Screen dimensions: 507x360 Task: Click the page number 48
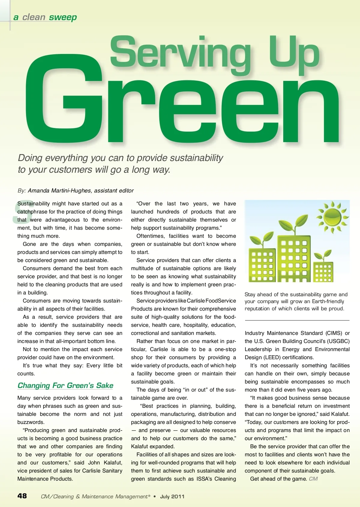coord(22,496)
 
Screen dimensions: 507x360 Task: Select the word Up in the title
coord(294,54)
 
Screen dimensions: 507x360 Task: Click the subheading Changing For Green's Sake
coord(65,386)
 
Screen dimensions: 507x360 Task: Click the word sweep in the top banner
coord(63,17)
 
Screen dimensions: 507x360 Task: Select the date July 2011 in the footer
coord(172,497)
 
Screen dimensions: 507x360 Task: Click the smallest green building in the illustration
coord(323,272)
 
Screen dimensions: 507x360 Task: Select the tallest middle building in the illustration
coord(294,258)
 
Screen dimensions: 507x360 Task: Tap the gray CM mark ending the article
coord(313,479)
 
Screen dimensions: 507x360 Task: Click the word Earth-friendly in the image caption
coord(328,302)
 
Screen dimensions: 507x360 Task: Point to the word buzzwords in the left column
coord(31,422)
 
